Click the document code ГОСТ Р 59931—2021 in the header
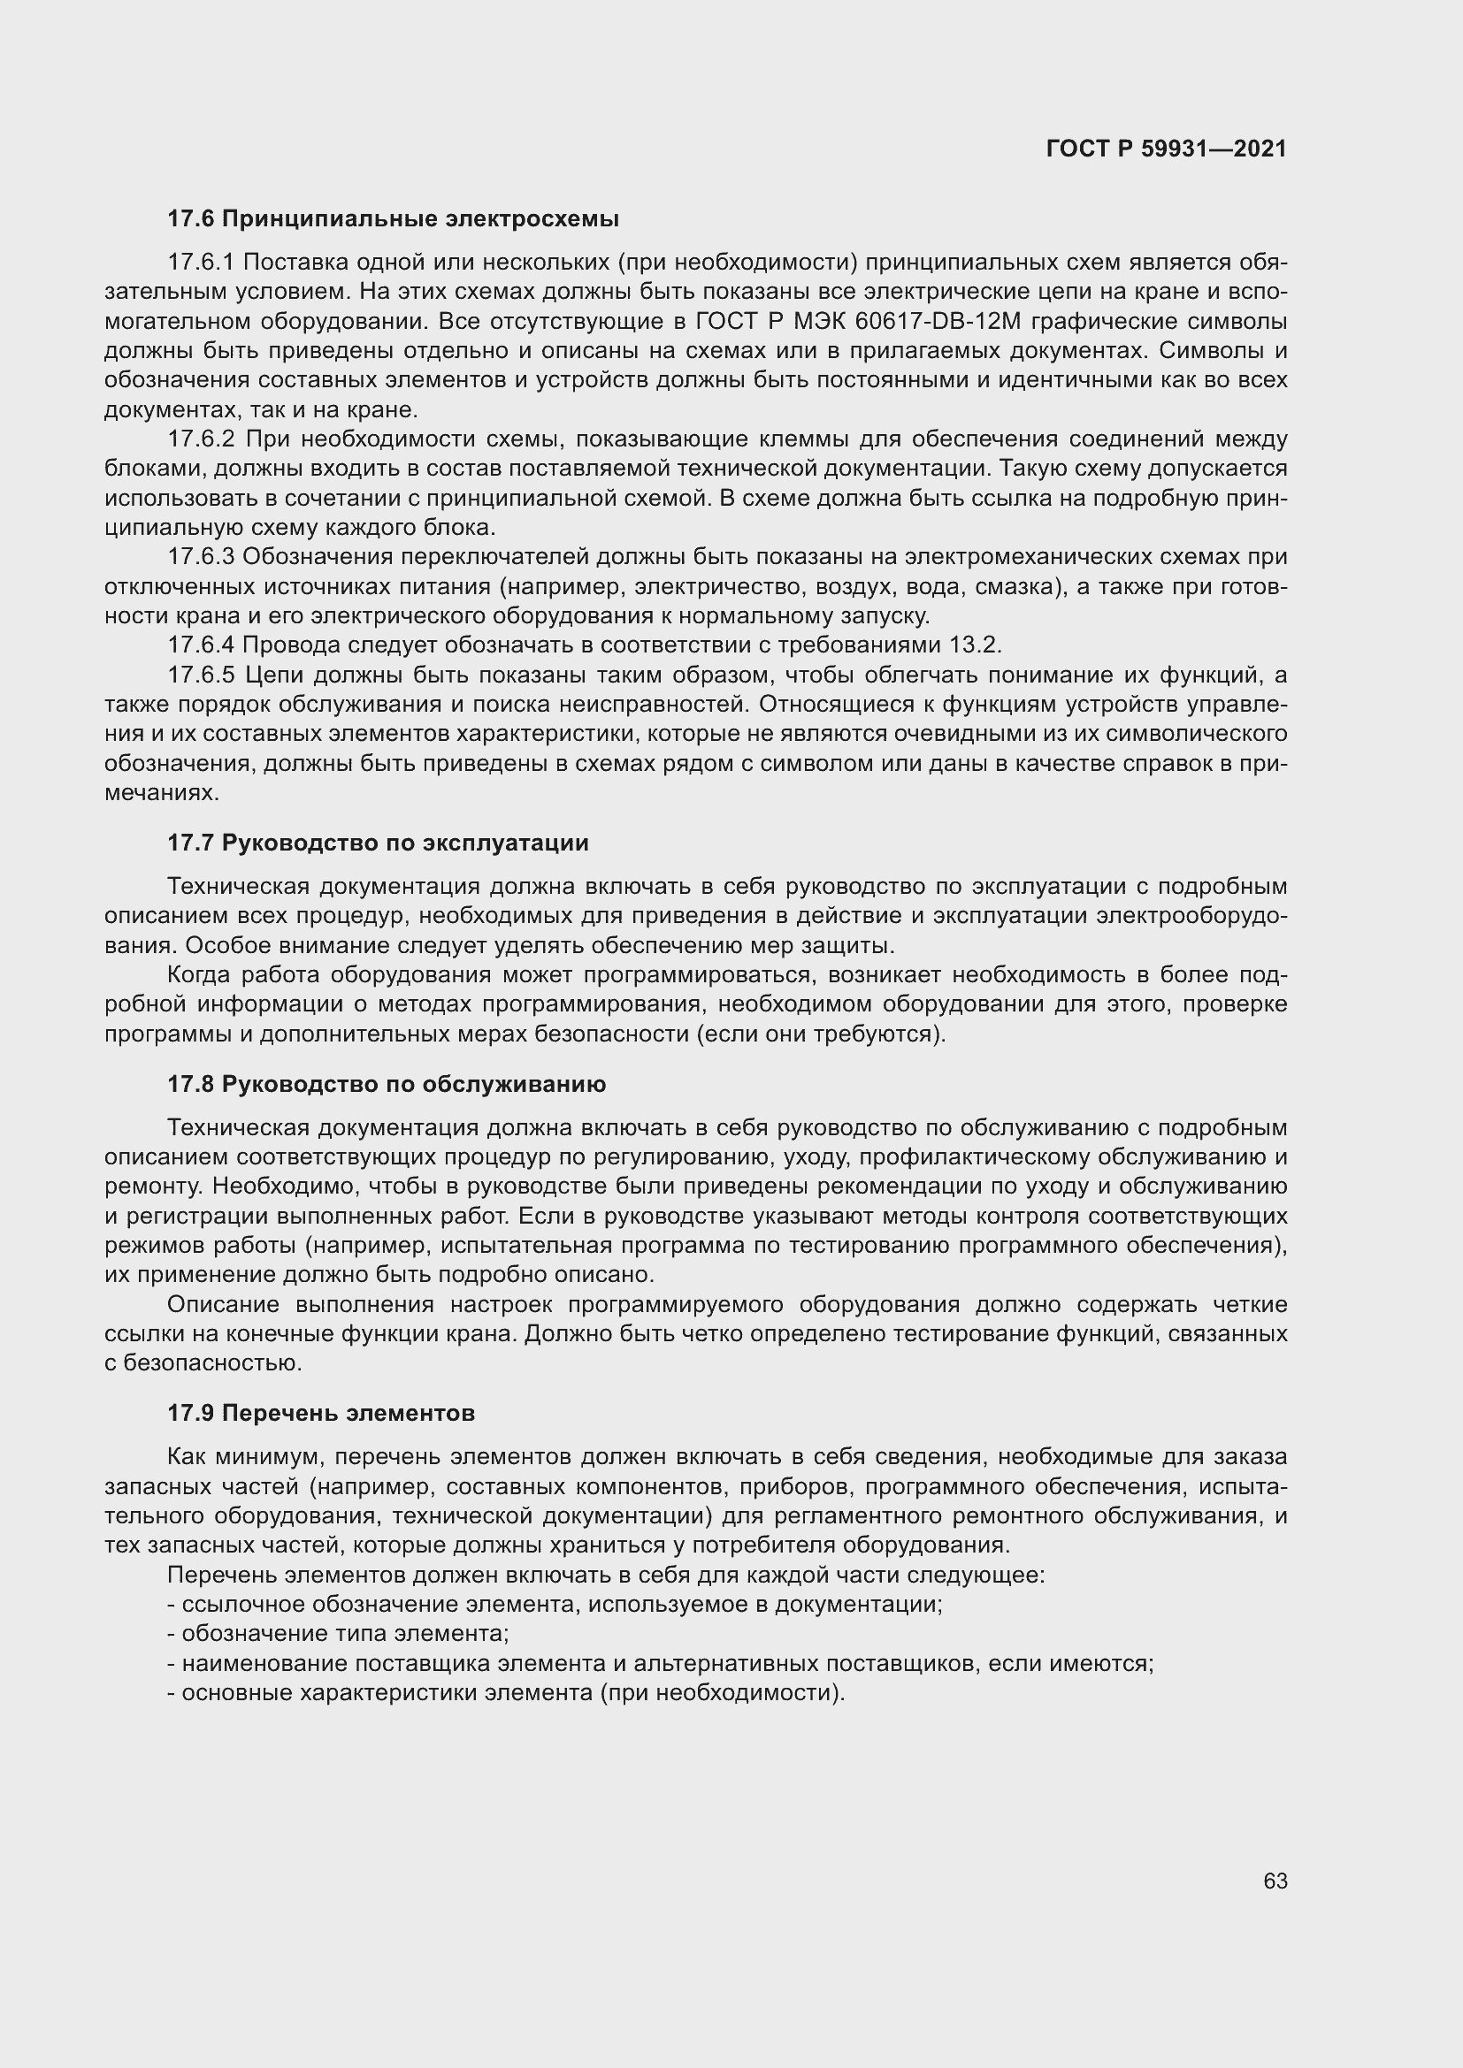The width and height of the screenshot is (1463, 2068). tap(1166, 149)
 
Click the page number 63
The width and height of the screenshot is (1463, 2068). tap(1275, 1881)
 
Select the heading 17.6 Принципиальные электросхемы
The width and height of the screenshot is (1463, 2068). tap(393, 219)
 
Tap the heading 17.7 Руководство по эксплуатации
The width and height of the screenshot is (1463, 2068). tap(378, 843)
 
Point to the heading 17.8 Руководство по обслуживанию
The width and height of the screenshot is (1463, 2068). tap(387, 1085)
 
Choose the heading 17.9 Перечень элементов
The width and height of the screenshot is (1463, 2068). tap(321, 1413)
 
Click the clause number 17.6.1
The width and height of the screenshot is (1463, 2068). tap(201, 262)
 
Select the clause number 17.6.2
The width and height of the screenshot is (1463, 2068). tap(201, 439)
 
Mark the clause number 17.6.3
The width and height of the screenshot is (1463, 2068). tap(201, 557)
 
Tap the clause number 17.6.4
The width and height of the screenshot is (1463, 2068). tap(201, 645)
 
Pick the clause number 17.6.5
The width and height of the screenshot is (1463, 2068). tap(201, 675)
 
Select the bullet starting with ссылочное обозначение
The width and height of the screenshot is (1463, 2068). tap(555, 1604)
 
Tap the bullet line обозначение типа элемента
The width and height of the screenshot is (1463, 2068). tap(339, 1634)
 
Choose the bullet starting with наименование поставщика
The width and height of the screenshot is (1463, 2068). tap(661, 1664)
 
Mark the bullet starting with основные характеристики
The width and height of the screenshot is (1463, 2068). tap(506, 1692)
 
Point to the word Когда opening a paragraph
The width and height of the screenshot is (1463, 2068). tap(198, 974)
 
